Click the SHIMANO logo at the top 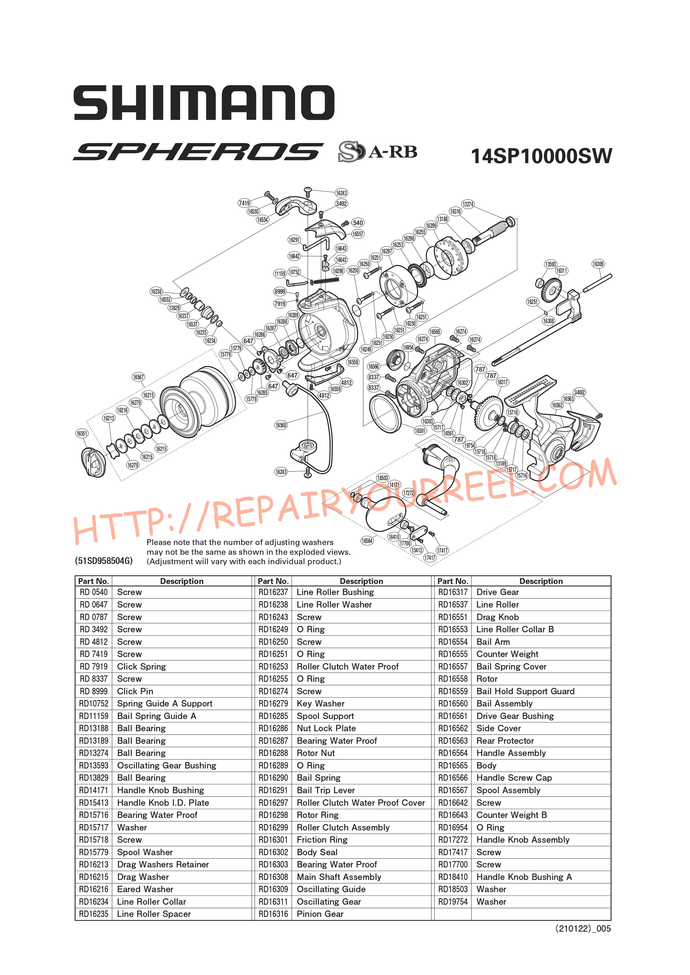click(204, 103)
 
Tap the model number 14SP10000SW click(541, 156)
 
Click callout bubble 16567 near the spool click(139, 377)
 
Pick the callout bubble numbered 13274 click(468, 204)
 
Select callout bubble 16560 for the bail click(281, 425)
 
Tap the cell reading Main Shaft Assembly click(339, 877)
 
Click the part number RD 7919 click(93, 666)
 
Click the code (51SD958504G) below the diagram click(104, 561)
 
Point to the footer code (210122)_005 click(583, 929)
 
